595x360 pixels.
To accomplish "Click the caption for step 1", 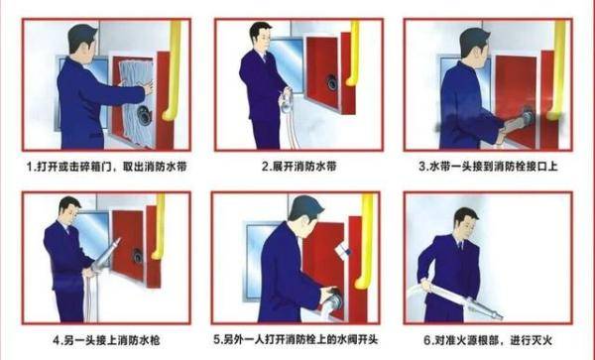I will click(99, 167).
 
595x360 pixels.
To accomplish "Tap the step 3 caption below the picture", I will click(489, 167).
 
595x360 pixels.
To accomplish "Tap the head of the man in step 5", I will click(304, 211).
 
